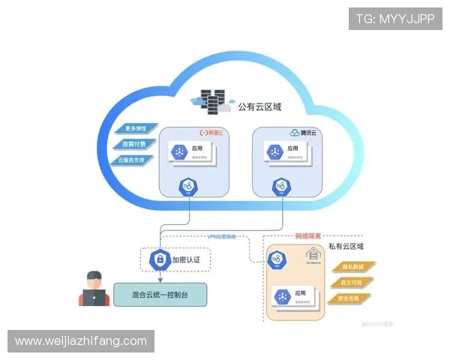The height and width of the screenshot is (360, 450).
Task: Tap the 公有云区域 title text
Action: [x=259, y=107]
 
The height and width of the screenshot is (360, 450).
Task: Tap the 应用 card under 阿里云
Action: [x=190, y=153]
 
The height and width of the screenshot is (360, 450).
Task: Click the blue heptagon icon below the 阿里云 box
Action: [x=187, y=187]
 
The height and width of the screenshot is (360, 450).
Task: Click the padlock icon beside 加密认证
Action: [x=159, y=259]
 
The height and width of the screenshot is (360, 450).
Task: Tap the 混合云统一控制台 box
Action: [x=160, y=294]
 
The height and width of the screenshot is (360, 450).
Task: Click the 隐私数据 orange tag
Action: [x=350, y=267]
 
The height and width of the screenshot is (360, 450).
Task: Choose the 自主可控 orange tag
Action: [x=350, y=283]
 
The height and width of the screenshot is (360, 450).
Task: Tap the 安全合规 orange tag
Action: [x=350, y=298]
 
